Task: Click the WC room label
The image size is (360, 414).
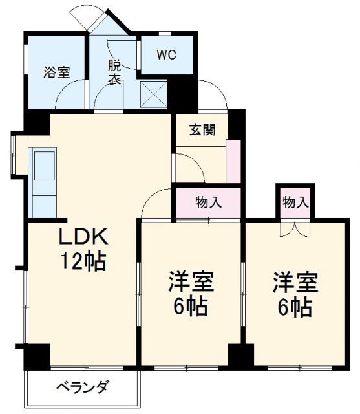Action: (x=166, y=54)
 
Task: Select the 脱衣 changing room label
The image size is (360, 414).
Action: (x=114, y=72)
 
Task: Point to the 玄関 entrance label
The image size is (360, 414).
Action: (x=202, y=129)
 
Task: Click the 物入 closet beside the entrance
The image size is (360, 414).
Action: (x=209, y=202)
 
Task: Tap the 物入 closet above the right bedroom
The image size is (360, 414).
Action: (x=295, y=202)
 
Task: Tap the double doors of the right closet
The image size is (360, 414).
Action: (x=294, y=228)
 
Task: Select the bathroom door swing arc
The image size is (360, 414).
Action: (x=69, y=97)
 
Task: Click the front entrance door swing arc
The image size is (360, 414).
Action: (x=213, y=94)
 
